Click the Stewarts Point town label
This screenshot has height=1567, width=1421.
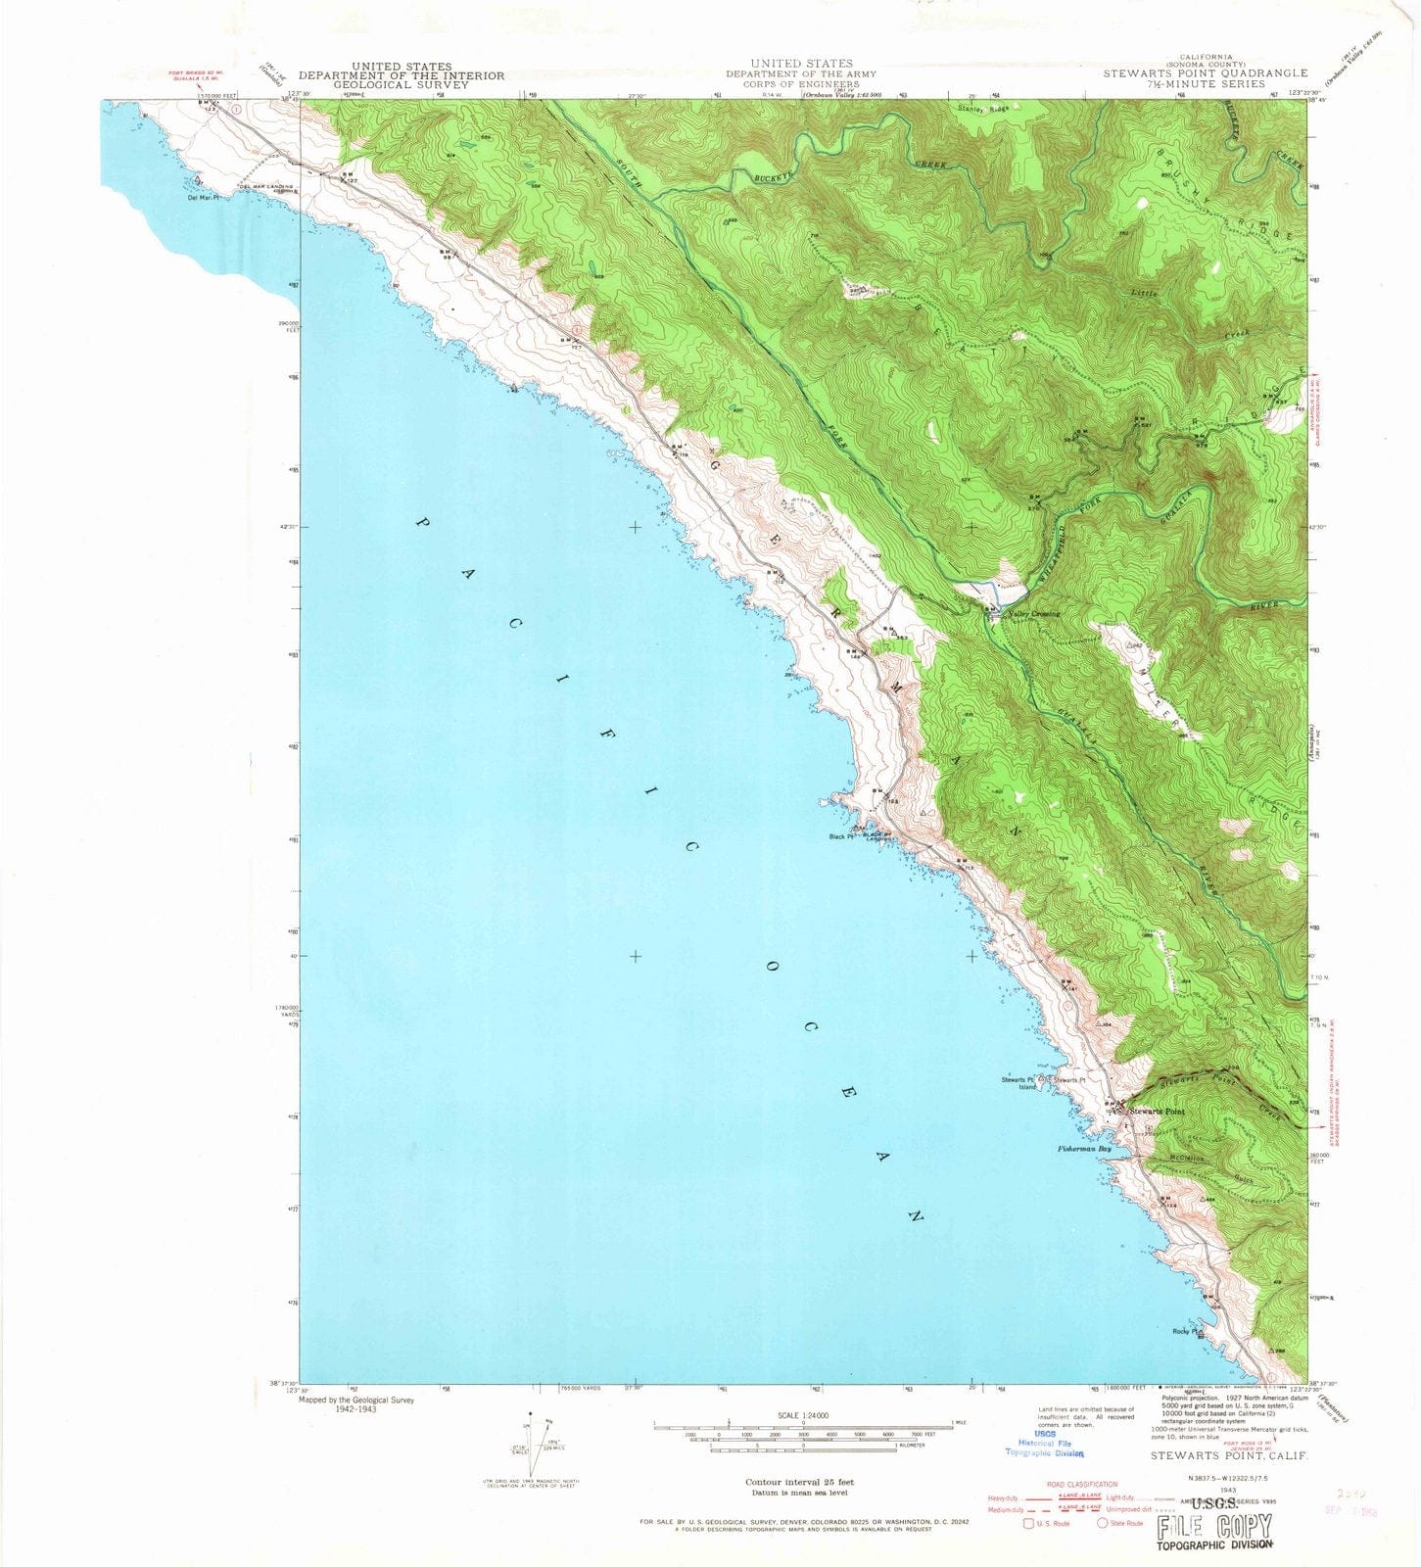1157,1112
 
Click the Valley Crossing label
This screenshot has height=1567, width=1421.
1033,613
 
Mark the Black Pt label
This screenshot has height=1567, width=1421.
840,836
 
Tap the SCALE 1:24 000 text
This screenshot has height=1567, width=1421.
802,1416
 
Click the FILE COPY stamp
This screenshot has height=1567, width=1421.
1214,1526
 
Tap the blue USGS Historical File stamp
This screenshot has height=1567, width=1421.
1043,1444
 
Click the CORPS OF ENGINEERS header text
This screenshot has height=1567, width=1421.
801,84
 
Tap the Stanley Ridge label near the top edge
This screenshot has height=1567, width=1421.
982,109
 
